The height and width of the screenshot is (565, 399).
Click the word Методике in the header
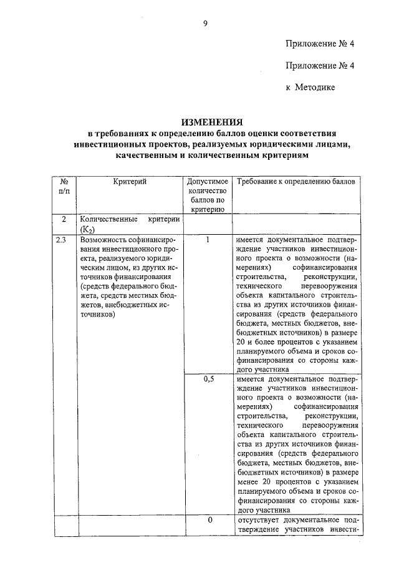click(316, 87)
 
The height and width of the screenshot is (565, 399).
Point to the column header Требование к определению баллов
click(296, 181)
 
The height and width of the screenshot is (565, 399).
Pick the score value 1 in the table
click(208, 239)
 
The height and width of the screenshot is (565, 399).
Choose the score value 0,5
click(208, 379)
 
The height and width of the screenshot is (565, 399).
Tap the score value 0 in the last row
click(209, 519)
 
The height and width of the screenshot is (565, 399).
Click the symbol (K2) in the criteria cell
click(86, 230)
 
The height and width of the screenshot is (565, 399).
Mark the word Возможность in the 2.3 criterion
click(98, 240)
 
